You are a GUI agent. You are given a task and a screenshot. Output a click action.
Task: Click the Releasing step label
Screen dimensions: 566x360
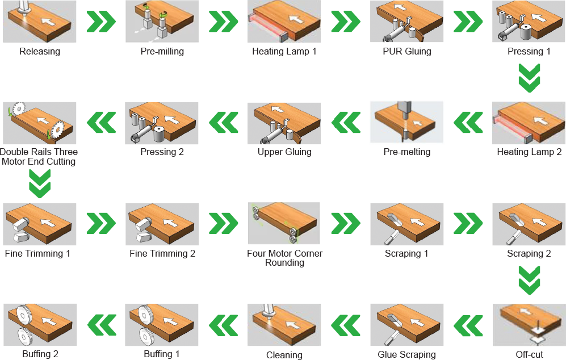tap(40, 51)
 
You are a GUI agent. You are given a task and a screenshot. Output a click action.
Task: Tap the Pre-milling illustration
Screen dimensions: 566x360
tap(162, 22)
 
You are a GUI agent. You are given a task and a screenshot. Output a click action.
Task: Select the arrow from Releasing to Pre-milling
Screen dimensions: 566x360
tap(101, 22)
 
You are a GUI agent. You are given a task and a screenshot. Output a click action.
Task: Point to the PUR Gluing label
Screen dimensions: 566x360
tap(407, 51)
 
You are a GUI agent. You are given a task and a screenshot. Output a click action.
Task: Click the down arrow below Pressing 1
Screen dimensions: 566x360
tap(529, 78)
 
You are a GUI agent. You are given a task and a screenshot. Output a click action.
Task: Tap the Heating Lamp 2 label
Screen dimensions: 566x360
tap(529, 152)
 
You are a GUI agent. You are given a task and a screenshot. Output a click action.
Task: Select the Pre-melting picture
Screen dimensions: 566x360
tap(406, 123)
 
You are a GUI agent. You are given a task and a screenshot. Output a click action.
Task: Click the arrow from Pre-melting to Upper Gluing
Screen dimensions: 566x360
tap(346, 122)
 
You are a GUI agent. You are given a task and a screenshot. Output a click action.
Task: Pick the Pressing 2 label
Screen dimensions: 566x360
tap(162, 152)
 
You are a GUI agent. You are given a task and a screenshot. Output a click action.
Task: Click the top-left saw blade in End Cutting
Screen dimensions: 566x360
tap(18, 109)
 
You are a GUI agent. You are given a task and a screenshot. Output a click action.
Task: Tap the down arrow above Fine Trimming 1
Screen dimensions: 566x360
tap(40, 183)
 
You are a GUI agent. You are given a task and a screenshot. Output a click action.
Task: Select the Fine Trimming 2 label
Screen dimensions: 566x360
tap(162, 253)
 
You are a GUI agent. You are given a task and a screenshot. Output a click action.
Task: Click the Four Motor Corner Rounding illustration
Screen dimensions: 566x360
tap(284, 223)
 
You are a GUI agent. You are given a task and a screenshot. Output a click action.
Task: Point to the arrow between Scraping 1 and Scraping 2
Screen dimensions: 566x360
tap(468, 223)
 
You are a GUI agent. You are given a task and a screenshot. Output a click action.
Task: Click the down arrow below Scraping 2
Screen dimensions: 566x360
tap(529, 281)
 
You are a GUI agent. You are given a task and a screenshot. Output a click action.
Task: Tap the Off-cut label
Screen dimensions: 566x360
tap(529, 354)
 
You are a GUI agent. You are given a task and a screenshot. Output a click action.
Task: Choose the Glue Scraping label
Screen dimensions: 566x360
tap(407, 354)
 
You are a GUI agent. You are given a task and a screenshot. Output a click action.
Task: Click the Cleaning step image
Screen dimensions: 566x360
tap(284, 325)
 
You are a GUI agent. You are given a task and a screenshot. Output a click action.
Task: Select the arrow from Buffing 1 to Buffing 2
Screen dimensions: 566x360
tap(102, 325)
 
